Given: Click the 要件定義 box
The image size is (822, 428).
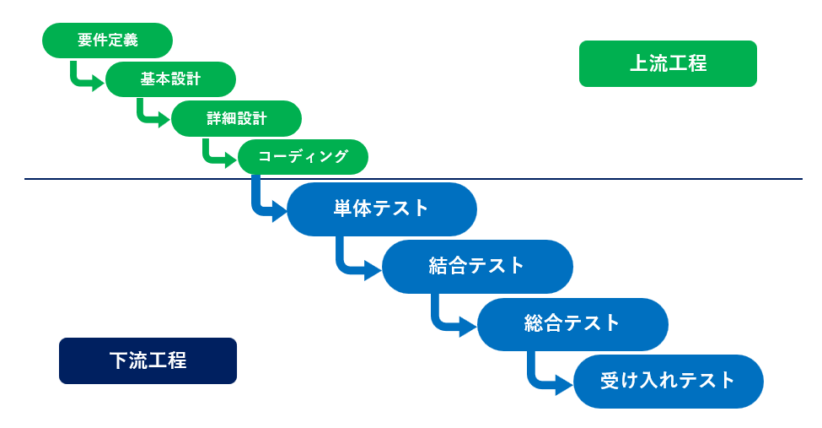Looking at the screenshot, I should tap(107, 40).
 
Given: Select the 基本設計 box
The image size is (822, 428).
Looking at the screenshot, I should tap(170, 79).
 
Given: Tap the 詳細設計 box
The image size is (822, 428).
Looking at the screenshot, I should tap(236, 118).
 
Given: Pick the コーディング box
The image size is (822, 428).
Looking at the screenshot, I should tap(303, 157).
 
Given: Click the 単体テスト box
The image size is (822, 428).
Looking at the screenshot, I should tap(381, 209).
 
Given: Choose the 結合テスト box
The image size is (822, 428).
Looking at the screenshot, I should tap(477, 266).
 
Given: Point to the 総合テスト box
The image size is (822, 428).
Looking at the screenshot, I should tap(572, 323).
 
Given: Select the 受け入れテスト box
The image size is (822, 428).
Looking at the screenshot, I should tap(668, 381).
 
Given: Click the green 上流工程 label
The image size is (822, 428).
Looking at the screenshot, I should tap(668, 63).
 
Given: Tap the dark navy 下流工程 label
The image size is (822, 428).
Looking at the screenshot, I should tap(148, 360).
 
